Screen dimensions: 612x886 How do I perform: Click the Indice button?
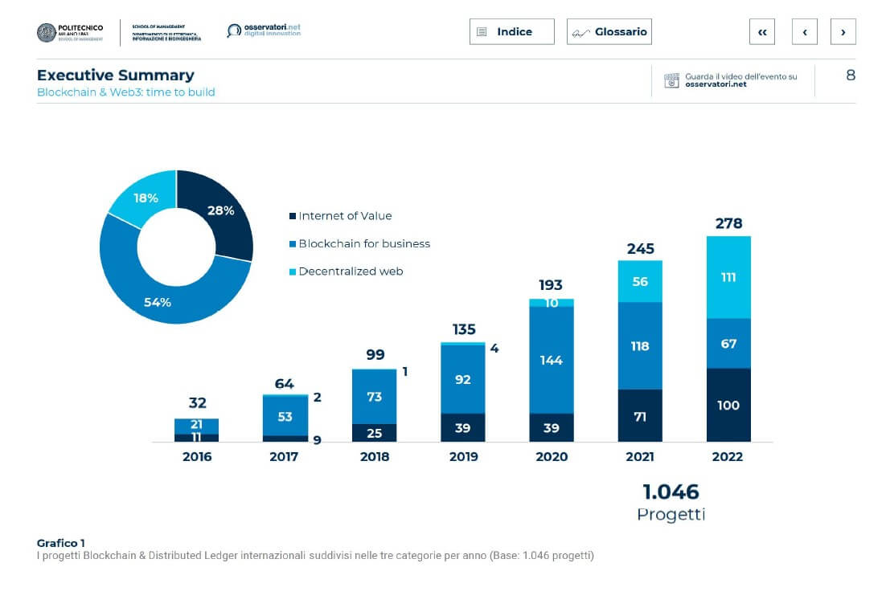511,31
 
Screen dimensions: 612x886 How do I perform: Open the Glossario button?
609,31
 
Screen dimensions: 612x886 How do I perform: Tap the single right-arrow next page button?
843,31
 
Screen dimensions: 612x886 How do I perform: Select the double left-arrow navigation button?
761,31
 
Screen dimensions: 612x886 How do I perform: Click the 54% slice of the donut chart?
158,301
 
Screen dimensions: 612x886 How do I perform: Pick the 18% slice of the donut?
146,198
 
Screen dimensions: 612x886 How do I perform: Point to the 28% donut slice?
220,210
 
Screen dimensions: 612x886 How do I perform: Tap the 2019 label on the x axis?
463,456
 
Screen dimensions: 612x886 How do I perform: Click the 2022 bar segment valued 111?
728,277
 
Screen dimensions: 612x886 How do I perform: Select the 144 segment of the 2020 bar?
552,360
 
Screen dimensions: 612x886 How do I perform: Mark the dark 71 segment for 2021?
640,415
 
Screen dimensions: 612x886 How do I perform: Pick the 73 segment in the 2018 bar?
375,397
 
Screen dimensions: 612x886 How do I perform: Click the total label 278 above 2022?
728,222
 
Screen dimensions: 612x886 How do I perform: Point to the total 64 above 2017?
285,383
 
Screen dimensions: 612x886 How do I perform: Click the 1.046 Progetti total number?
671,492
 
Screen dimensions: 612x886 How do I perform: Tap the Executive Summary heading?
116,75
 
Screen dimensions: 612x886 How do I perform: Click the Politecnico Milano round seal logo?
47,32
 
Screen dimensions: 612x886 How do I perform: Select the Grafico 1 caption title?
61,543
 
